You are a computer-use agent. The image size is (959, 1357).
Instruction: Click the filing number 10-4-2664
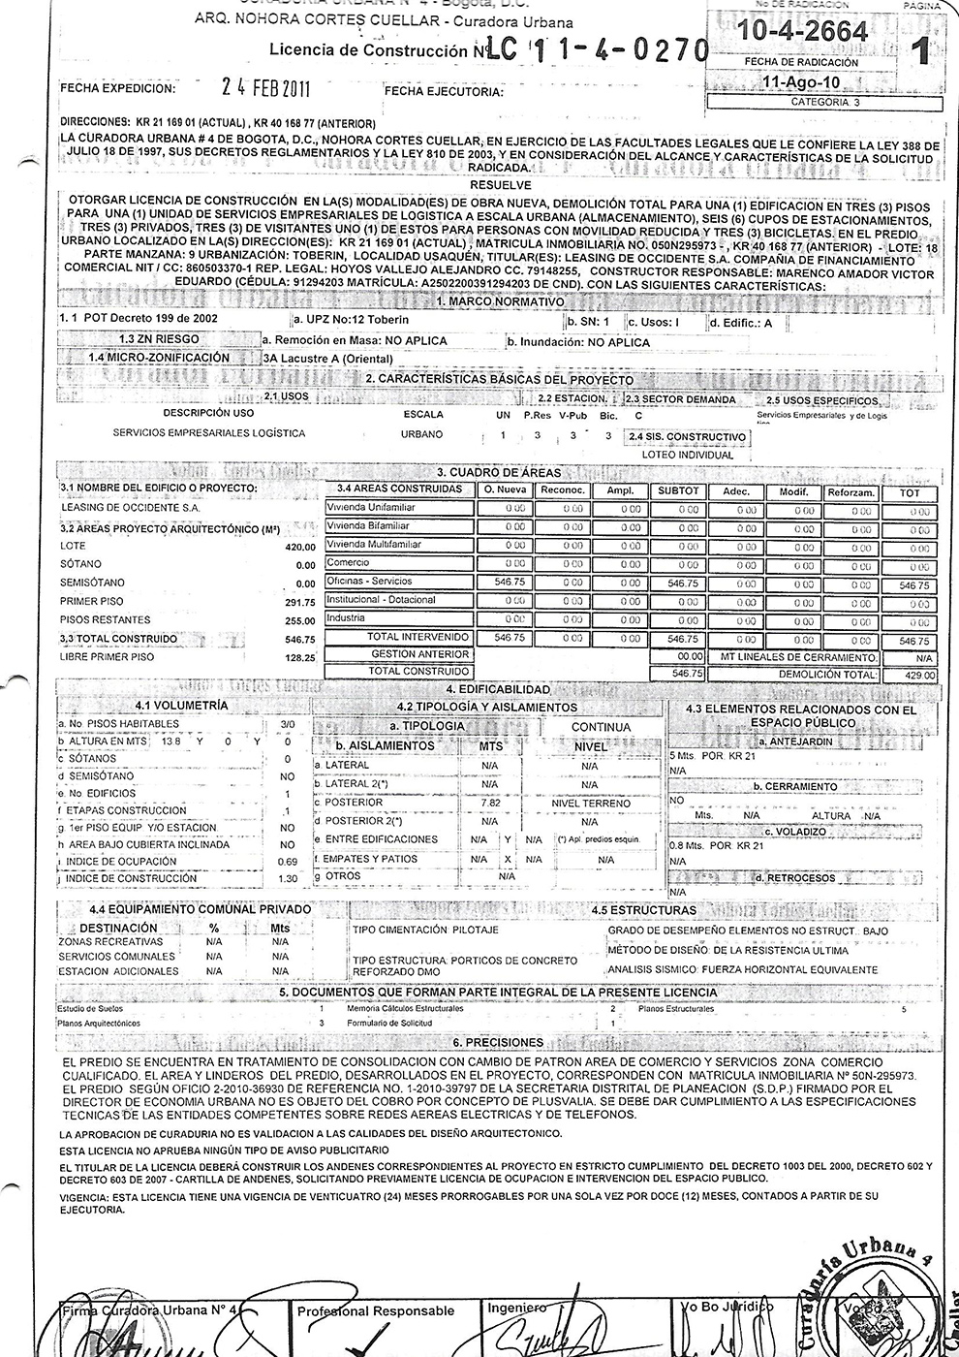click(802, 33)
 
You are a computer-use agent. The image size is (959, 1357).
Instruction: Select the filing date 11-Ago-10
click(802, 83)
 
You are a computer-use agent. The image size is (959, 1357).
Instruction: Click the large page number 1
click(920, 50)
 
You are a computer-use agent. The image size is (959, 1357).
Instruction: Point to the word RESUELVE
click(499, 184)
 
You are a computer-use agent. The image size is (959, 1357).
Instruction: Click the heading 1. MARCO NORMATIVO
click(500, 301)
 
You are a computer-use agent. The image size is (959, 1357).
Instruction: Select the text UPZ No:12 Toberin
click(356, 320)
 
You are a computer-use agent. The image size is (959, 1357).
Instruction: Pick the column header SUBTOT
click(678, 491)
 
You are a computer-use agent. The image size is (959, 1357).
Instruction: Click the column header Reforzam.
click(851, 492)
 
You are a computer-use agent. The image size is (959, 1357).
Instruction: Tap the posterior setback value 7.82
click(491, 804)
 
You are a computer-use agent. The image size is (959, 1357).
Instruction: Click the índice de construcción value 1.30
click(287, 879)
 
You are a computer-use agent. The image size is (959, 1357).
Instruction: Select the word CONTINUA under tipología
click(601, 727)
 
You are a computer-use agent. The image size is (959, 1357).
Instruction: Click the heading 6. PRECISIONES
click(498, 1043)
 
